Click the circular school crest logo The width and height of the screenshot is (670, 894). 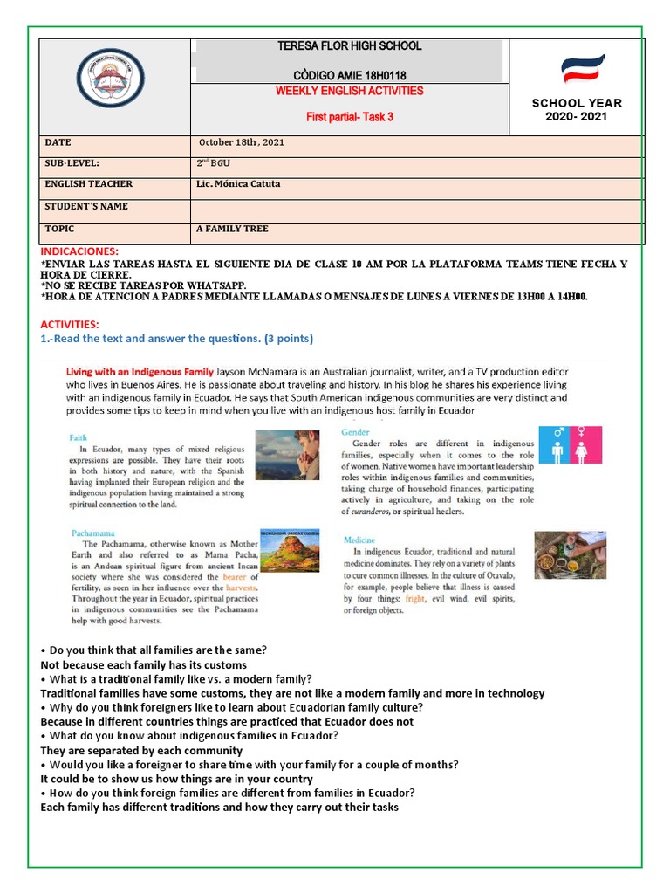pyautogui.click(x=110, y=77)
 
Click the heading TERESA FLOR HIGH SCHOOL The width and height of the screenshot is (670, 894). pyautogui.click(x=349, y=46)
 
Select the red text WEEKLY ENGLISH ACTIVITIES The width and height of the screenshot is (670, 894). pyautogui.click(x=350, y=91)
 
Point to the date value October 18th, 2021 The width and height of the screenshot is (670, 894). pyautogui.click(x=242, y=142)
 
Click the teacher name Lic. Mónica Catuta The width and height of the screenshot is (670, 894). pyautogui.click(x=240, y=184)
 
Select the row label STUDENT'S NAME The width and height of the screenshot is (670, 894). pyautogui.click(x=86, y=207)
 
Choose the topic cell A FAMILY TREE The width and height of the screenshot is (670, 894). pyautogui.click(x=233, y=229)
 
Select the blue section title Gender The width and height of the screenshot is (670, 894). pyautogui.click(x=356, y=432)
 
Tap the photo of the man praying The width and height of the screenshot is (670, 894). pyautogui.click(x=287, y=455)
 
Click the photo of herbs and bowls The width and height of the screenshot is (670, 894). pyautogui.click(x=570, y=556)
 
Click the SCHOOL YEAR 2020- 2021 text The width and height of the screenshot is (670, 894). pyautogui.click(x=577, y=110)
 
